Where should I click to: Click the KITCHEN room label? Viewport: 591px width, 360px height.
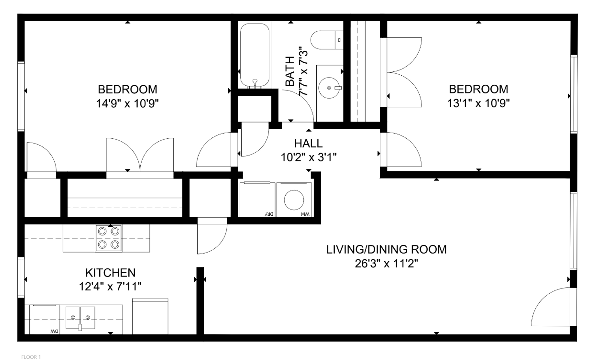[110, 273]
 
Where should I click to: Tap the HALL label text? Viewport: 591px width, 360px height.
[308, 143]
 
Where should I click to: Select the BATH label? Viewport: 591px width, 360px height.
[290, 71]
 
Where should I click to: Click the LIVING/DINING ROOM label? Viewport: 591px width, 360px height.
[386, 249]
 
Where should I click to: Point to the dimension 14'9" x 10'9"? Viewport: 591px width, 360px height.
[127, 104]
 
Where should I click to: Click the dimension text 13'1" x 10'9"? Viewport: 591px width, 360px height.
[478, 103]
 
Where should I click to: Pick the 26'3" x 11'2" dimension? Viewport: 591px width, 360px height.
[386, 264]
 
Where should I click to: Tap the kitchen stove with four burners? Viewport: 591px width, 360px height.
[108, 238]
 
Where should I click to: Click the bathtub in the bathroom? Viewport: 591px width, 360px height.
[254, 55]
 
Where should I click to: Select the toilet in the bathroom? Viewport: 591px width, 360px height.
[327, 40]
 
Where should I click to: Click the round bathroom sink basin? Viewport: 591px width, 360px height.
[329, 88]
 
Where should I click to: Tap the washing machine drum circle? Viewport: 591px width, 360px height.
[294, 200]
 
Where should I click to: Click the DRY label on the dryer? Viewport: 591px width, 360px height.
[269, 214]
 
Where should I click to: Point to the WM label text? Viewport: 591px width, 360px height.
[305, 214]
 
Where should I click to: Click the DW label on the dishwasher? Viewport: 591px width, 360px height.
[54, 331]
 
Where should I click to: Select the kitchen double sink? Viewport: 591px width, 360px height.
[80, 318]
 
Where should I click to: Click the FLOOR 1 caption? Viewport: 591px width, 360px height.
[31, 357]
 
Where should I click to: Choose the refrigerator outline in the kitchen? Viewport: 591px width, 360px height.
[150, 316]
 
